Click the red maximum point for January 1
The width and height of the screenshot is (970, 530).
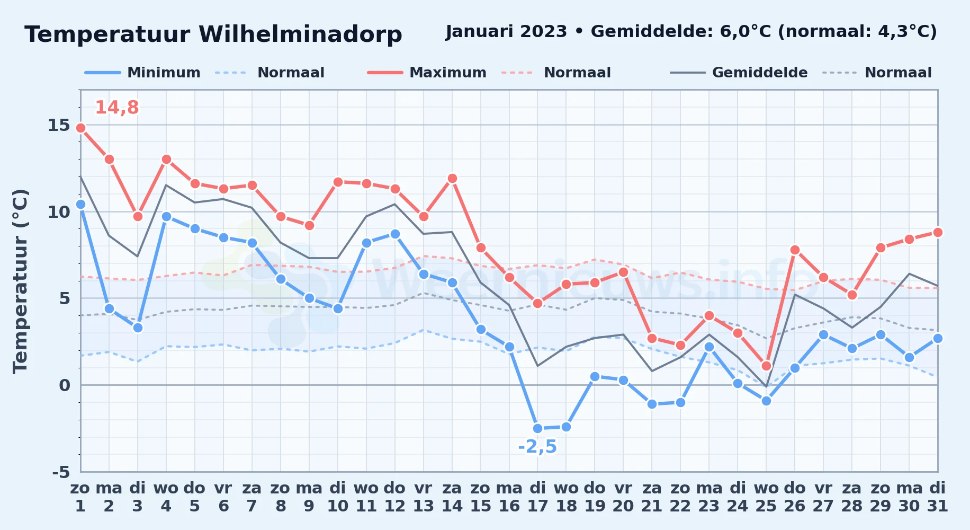tap(80, 128)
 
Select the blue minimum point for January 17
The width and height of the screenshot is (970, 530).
tap(537, 428)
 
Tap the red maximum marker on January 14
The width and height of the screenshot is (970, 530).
tap(452, 178)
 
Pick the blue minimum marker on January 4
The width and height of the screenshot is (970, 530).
tap(166, 216)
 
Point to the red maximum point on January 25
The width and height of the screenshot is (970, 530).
tap(766, 366)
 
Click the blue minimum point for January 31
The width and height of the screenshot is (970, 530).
tap(938, 338)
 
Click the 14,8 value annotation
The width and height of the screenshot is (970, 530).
tap(116, 108)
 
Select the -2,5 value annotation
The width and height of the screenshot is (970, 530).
tap(537, 447)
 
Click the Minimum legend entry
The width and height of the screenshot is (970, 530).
tap(142, 73)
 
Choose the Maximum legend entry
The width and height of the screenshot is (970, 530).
tap(427, 73)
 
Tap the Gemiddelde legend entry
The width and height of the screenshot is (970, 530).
tap(739, 73)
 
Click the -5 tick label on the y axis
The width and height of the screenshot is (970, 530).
tap(61, 472)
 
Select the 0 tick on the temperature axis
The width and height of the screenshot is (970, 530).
tap(64, 385)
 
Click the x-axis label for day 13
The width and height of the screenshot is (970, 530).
tap(424, 497)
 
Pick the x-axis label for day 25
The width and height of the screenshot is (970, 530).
tap(766, 497)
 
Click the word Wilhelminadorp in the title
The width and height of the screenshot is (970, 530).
tap(300, 34)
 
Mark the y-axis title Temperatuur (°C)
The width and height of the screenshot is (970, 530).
tap(20, 281)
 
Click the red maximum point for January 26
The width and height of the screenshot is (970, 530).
tap(795, 250)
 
